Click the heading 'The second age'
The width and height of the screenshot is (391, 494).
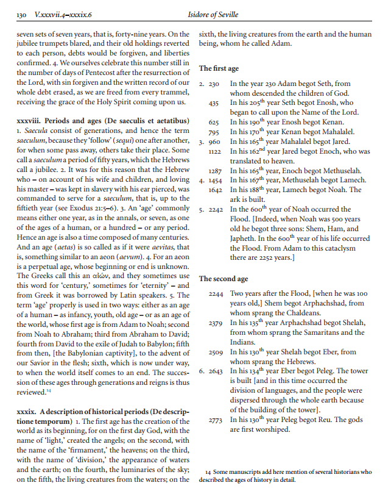pos(224,279)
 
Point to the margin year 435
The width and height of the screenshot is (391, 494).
pos(214,104)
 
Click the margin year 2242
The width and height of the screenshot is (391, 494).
pos(214,210)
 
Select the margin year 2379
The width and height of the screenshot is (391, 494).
pos(214,323)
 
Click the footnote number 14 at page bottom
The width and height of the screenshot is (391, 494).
pos(208,471)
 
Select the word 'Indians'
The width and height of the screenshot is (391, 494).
pos(243,342)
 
